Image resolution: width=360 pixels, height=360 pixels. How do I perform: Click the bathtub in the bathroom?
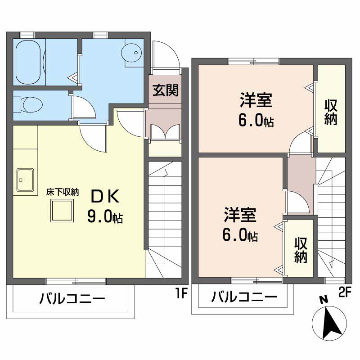[x=29, y=63]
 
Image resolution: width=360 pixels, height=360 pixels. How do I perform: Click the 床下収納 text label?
[x=63, y=192]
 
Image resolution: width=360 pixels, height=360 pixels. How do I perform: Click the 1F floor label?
[x=181, y=295]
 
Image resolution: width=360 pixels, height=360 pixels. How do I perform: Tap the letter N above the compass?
[x=322, y=300]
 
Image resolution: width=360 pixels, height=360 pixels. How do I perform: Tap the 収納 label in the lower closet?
[x=301, y=250]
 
